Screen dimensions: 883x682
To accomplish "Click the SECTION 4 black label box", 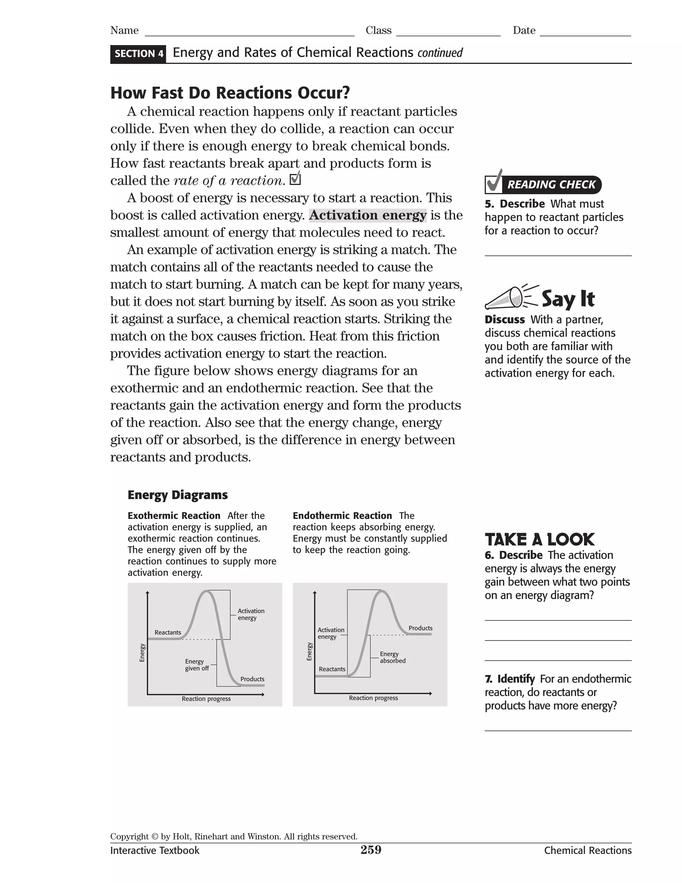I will (x=138, y=54).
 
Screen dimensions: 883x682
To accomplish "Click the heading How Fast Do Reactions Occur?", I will (x=230, y=93).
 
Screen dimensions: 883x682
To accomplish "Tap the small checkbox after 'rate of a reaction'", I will (x=295, y=179).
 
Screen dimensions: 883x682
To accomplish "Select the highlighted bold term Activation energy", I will (x=368, y=215).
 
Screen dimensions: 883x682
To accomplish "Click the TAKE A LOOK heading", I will (x=539, y=540).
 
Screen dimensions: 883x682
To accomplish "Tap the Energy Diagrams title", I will (x=177, y=495).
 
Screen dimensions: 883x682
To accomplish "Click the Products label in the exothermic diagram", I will (x=252, y=679).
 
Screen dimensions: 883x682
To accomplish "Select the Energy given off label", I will (x=197, y=665).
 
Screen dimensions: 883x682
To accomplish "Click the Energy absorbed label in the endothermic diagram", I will (x=392, y=657).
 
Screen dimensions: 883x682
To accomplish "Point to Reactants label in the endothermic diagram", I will (x=332, y=669).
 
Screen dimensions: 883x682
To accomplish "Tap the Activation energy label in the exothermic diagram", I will (x=250, y=614).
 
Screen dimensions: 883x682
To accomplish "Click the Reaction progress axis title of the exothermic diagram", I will (x=206, y=699).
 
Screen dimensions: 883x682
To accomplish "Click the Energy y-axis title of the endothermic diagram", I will (x=309, y=651).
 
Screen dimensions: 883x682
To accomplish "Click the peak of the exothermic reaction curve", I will (x=207, y=591).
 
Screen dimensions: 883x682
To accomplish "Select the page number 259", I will (x=371, y=850).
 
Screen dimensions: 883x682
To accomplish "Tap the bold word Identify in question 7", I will (x=515, y=679).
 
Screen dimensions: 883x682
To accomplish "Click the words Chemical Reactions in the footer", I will (x=587, y=850).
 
